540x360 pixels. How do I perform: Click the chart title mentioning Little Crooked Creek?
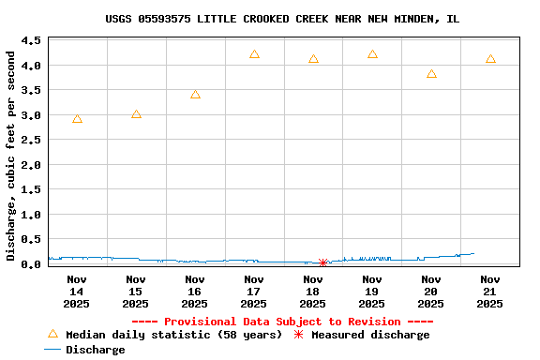tap(282, 19)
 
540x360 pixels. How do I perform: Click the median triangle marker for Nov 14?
tap(77, 119)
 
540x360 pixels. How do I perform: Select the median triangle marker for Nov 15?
tap(136, 114)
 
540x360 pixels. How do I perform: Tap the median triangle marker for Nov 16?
tap(195, 95)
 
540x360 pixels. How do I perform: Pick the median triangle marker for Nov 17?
tap(254, 54)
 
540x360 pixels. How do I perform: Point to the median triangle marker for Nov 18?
tap(313, 59)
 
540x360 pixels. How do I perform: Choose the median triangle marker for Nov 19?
tap(372, 54)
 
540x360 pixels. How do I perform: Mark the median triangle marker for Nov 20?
tap(431, 74)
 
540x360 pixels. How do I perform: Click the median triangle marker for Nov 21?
tap(490, 59)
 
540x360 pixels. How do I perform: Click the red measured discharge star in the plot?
tap(322, 262)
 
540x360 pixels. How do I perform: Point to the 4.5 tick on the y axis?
tap(30, 41)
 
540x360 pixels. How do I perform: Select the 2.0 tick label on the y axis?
tap(30, 165)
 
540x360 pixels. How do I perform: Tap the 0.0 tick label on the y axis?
tap(30, 264)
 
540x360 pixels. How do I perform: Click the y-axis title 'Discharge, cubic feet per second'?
tap(10, 156)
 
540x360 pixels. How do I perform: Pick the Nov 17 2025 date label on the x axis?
tap(254, 291)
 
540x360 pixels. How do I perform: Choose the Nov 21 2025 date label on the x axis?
tap(490, 291)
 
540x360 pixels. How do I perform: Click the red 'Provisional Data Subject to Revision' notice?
tap(282, 322)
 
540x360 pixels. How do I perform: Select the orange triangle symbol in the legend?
tap(52, 334)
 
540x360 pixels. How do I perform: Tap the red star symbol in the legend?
tap(299, 335)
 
